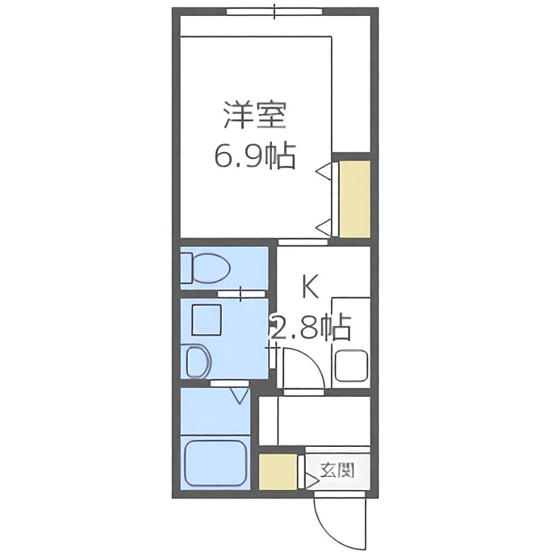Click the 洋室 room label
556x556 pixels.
(x=255, y=115)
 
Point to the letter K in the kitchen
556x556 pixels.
(x=310, y=286)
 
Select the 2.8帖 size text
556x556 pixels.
(x=311, y=327)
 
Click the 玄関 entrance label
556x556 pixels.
(x=337, y=471)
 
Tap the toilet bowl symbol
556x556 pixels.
(x=206, y=268)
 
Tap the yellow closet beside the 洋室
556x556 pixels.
(x=354, y=199)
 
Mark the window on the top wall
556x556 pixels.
(x=275, y=11)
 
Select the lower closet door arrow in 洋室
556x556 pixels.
(x=325, y=224)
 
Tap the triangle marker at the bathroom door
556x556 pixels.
(x=240, y=396)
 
